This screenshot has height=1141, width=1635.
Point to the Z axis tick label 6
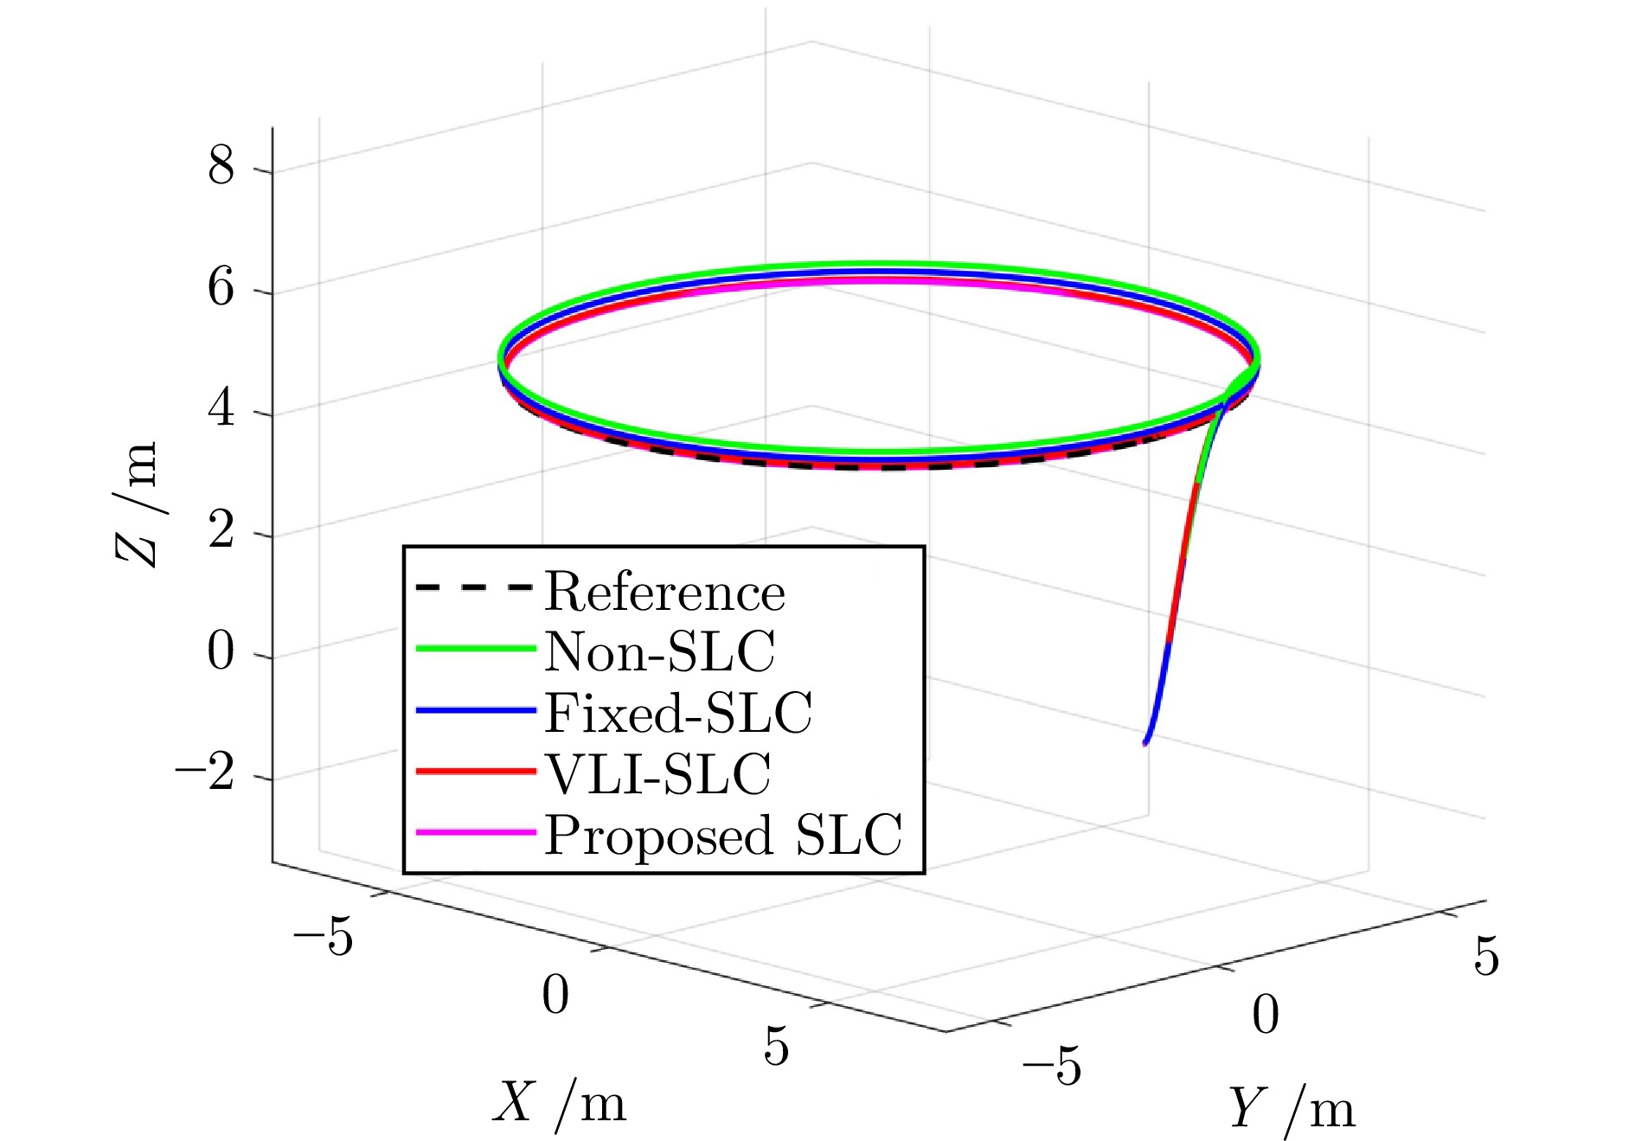tap(221, 287)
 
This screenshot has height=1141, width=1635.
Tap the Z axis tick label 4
tap(221, 408)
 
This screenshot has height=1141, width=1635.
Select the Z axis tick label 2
tap(221, 529)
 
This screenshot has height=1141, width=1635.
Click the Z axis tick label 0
tap(221, 651)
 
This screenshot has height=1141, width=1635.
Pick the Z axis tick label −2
tap(205, 772)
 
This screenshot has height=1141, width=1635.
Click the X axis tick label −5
tap(323, 937)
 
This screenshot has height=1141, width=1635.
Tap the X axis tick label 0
tap(555, 995)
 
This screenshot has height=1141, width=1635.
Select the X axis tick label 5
tap(776, 1046)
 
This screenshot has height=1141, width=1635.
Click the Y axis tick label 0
tap(1265, 1015)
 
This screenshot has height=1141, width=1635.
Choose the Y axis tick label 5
tap(1486, 957)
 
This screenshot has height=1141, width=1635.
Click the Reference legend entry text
tap(664, 593)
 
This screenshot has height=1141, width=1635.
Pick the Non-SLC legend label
tap(659, 652)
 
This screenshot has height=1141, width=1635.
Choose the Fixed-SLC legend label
tap(678, 714)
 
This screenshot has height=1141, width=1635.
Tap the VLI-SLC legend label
tap(657, 774)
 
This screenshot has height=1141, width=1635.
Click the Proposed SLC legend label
tap(723, 836)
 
